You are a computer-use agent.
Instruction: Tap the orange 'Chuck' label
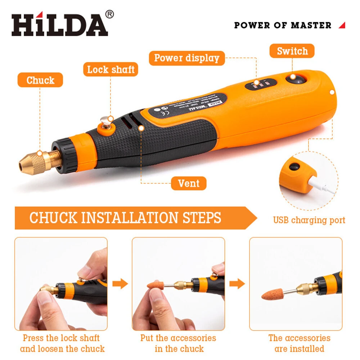point(40,80)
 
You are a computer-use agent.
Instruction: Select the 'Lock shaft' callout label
point(111,69)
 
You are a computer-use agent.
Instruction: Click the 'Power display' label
point(186,58)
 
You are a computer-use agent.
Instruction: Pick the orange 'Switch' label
point(292,51)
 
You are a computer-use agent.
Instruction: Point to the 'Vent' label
point(189,183)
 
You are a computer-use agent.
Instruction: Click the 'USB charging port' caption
point(309,220)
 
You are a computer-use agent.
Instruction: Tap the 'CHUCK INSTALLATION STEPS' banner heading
point(125,218)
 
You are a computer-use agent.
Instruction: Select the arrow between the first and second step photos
point(120,284)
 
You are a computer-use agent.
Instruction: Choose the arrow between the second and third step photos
point(237,284)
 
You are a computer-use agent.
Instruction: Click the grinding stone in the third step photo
point(275,294)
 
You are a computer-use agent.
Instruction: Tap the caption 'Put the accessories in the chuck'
point(179,343)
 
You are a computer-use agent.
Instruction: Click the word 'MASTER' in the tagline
point(311,25)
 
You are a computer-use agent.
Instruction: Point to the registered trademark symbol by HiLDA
point(110,14)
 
